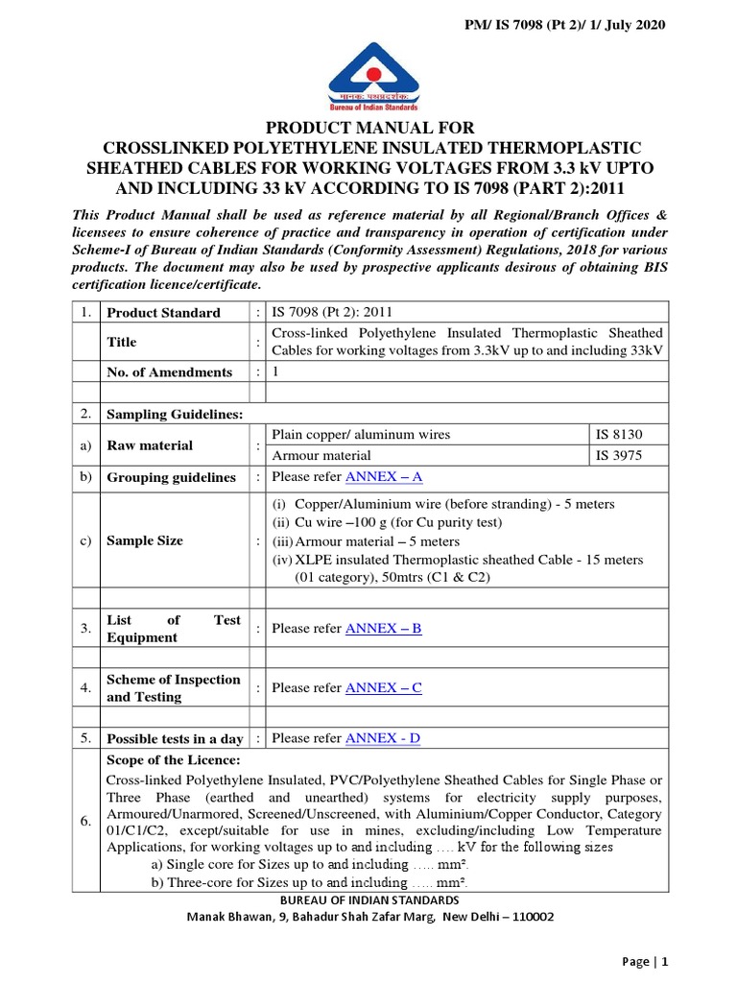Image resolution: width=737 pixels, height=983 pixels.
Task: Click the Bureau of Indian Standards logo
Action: click(x=368, y=76)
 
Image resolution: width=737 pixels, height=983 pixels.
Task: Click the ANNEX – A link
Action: click(x=384, y=477)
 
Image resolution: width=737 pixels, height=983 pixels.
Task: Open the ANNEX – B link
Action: click(x=383, y=629)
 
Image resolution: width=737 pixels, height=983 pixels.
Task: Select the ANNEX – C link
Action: click(x=383, y=688)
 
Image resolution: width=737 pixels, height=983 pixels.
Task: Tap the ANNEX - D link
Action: click(x=382, y=738)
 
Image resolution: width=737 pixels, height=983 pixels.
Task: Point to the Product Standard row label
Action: click(x=163, y=313)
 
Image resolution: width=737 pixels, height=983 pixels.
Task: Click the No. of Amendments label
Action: click(x=169, y=372)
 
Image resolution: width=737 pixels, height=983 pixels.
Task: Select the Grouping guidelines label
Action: click(x=171, y=477)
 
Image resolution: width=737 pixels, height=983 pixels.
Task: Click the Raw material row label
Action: click(x=149, y=445)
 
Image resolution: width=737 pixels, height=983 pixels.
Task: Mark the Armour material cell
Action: click(x=321, y=456)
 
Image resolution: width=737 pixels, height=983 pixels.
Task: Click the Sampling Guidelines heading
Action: click(x=174, y=414)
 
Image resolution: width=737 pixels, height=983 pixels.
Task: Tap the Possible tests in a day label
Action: click(x=175, y=739)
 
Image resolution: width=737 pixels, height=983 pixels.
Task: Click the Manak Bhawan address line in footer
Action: click(x=369, y=917)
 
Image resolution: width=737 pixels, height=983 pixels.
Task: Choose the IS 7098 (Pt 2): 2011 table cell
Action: click(x=332, y=312)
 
